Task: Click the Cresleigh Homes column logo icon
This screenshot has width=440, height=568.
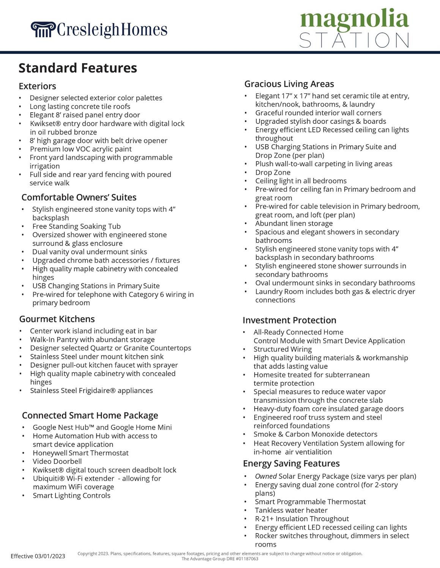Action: pyautogui.click(x=43, y=30)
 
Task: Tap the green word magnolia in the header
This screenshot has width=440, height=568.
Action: pyautogui.click(x=354, y=19)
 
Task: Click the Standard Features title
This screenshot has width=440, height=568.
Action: pyautogui.click(x=78, y=68)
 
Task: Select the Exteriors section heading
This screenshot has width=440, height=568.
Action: pyautogui.click(x=37, y=86)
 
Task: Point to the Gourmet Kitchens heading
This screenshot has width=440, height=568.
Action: pyautogui.click(x=57, y=319)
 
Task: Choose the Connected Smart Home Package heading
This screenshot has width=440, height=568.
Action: pyautogui.click(x=90, y=415)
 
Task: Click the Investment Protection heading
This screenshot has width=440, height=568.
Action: pyautogui.click(x=289, y=320)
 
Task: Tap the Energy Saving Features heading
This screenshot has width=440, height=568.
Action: pyautogui.click(x=291, y=463)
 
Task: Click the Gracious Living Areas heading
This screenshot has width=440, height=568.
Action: pyautogui.click(x=289, y=84)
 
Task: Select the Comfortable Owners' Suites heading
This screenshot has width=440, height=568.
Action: pyautogui.click(x=79, y=197)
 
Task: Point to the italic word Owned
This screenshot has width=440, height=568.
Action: pyautogui.click(x=266, y=476)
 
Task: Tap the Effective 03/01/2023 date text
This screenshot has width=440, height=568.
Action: pyautogui.click(x=38, y=556)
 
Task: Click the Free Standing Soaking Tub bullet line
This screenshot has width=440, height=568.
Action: pyautogui.click(x=76, y=227)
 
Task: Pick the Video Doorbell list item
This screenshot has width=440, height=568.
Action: pyautogui.click(x=57, y=462)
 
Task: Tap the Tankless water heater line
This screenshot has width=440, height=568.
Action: pyautogui.click(x=291, y=510)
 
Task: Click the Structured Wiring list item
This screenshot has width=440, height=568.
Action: pyautogui.click(x=282, y=349)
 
